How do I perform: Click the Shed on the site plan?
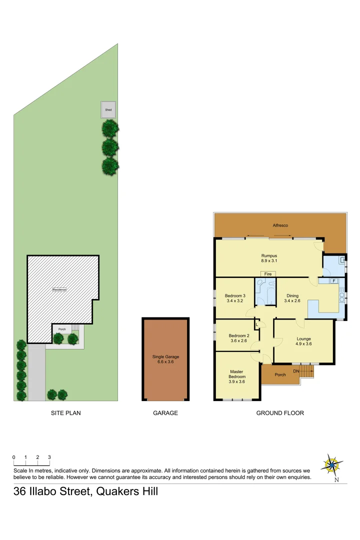pos(108,109)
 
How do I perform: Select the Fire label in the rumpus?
pos(268,274)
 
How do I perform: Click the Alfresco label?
pos(280,225)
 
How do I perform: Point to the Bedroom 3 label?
pos(235,298)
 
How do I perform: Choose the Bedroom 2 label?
pos(238,338)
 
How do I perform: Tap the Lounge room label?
pos(303,341)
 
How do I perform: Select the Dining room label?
pos(292,298)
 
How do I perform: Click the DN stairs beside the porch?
pos(306,371)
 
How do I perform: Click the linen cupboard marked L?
pos(257,324)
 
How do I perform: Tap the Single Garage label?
pos(165,359)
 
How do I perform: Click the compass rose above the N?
pos(331,464)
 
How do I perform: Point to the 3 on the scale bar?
pos(49,457)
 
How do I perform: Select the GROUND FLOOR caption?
pos(280,413)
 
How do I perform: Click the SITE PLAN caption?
pos(66,413)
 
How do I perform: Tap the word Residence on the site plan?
pos(59,289)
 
